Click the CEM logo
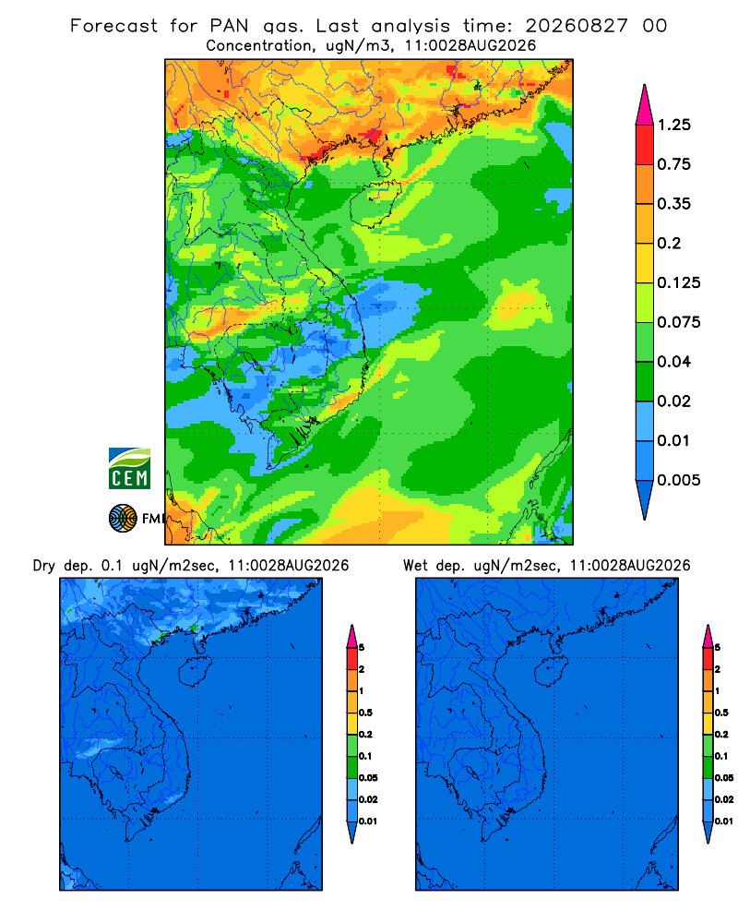tap(129, 468)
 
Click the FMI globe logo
tap(123, 519)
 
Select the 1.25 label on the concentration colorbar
tap(673, 125)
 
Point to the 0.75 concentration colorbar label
tap(673, 164)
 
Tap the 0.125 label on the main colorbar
tap(679, 282)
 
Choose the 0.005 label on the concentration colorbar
tap(679, 480)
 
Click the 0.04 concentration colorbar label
tap(673, 362)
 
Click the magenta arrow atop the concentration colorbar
tap(645, 104)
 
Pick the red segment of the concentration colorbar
tap(645, 145)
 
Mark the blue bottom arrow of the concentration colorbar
tap(645, 499)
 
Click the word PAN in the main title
tap(230, 26)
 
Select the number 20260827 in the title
tap(577, 26)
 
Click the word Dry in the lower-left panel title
tap(44, 566)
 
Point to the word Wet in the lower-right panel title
tap(415, 566)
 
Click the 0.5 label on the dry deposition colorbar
tap(365, 713)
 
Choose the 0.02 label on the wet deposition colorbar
tap(724, 799)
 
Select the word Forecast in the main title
tap(113, 26)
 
